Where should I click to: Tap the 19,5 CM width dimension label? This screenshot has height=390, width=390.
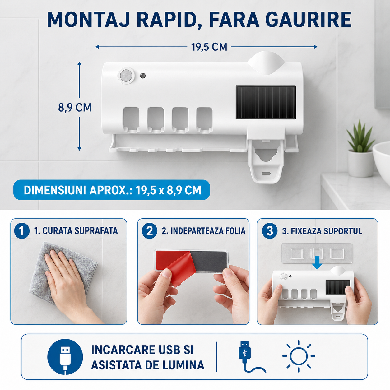[x=209, y=47]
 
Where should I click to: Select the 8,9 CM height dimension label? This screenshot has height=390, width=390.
[x=75, y=108]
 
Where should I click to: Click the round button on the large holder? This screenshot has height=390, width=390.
[x=126, y=76]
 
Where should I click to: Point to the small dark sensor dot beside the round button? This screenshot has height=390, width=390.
[x=143, y=76]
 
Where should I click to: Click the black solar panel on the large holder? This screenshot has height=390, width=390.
[x=266, y=102]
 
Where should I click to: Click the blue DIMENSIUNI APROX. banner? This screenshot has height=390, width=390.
[x=112, y=190]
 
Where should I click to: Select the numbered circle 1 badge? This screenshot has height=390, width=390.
[x=22, y=231]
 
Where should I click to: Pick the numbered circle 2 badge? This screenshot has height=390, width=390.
[x=149, y=231]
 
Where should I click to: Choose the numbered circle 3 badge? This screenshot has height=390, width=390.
[x=270, y=231]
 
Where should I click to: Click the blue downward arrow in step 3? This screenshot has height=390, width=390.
[x=317, y=263]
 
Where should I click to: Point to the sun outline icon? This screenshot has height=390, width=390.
[x=299, y=356]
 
